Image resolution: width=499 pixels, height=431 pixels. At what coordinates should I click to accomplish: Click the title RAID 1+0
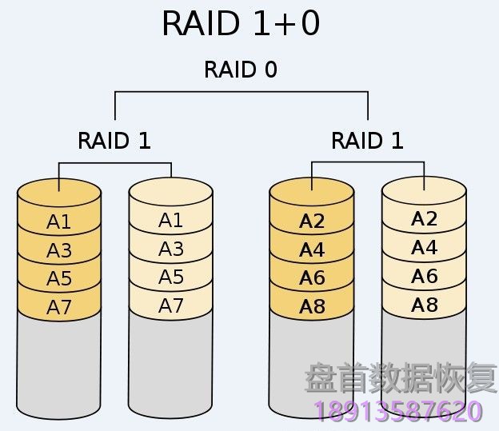[x=241, y=24]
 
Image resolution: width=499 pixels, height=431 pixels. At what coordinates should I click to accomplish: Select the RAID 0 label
[x=241, y=70]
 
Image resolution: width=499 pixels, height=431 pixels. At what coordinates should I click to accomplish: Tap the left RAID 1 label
[x=114, y=141]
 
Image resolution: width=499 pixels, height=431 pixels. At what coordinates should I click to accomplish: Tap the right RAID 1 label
[x=367, y=141]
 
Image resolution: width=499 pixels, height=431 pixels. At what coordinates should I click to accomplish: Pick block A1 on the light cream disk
[x=170, y=221]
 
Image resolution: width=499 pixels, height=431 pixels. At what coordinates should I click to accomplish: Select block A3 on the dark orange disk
[x=59, y=250]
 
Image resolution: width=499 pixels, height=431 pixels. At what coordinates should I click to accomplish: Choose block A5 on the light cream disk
[x=170, y=277]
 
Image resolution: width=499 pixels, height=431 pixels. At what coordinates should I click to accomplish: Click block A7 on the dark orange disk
[x=59, y=307]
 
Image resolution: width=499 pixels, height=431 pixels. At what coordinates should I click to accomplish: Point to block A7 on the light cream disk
[x=170, y=305]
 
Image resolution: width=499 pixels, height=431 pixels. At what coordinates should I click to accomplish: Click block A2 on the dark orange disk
[x=312, y=221]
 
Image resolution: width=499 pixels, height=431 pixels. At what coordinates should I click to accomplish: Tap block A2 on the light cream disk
[x=424, y=219]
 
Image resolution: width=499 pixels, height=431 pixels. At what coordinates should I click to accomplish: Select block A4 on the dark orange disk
[x=312, y=250]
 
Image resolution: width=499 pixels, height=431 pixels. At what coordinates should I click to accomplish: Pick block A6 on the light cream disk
[x=424, y=276]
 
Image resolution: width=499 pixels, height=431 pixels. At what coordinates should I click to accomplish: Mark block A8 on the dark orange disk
[x=312, y=306]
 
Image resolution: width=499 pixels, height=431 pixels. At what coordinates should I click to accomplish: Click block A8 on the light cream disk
[x=424, y=304]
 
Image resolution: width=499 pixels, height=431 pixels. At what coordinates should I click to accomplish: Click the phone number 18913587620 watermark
[x=400, y=412]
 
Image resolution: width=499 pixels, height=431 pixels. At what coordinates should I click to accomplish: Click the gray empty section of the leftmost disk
[x=59, y=364]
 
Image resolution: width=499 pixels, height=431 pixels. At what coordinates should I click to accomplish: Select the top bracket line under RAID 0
[x=241, y=93]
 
